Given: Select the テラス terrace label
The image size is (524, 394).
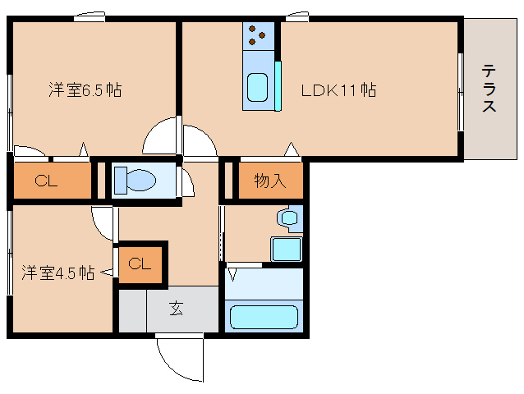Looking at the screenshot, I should point(490,88).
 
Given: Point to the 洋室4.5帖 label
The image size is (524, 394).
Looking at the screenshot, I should point(57,273).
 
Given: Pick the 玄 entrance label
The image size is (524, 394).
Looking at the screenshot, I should point(176,309).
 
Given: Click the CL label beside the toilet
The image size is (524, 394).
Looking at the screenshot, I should point(46,181).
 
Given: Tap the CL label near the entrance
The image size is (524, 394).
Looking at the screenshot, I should point(140,263).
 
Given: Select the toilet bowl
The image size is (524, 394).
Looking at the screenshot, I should point(136,180).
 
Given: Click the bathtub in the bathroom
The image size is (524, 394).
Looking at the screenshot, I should point(263,317).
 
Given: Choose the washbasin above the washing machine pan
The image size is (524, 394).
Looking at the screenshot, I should point(287,218).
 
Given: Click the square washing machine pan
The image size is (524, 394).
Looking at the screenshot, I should point(287,249).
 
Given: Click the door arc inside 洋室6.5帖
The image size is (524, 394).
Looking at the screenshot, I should point(161,136).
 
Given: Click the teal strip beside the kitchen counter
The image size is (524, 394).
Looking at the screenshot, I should point(278,85).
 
